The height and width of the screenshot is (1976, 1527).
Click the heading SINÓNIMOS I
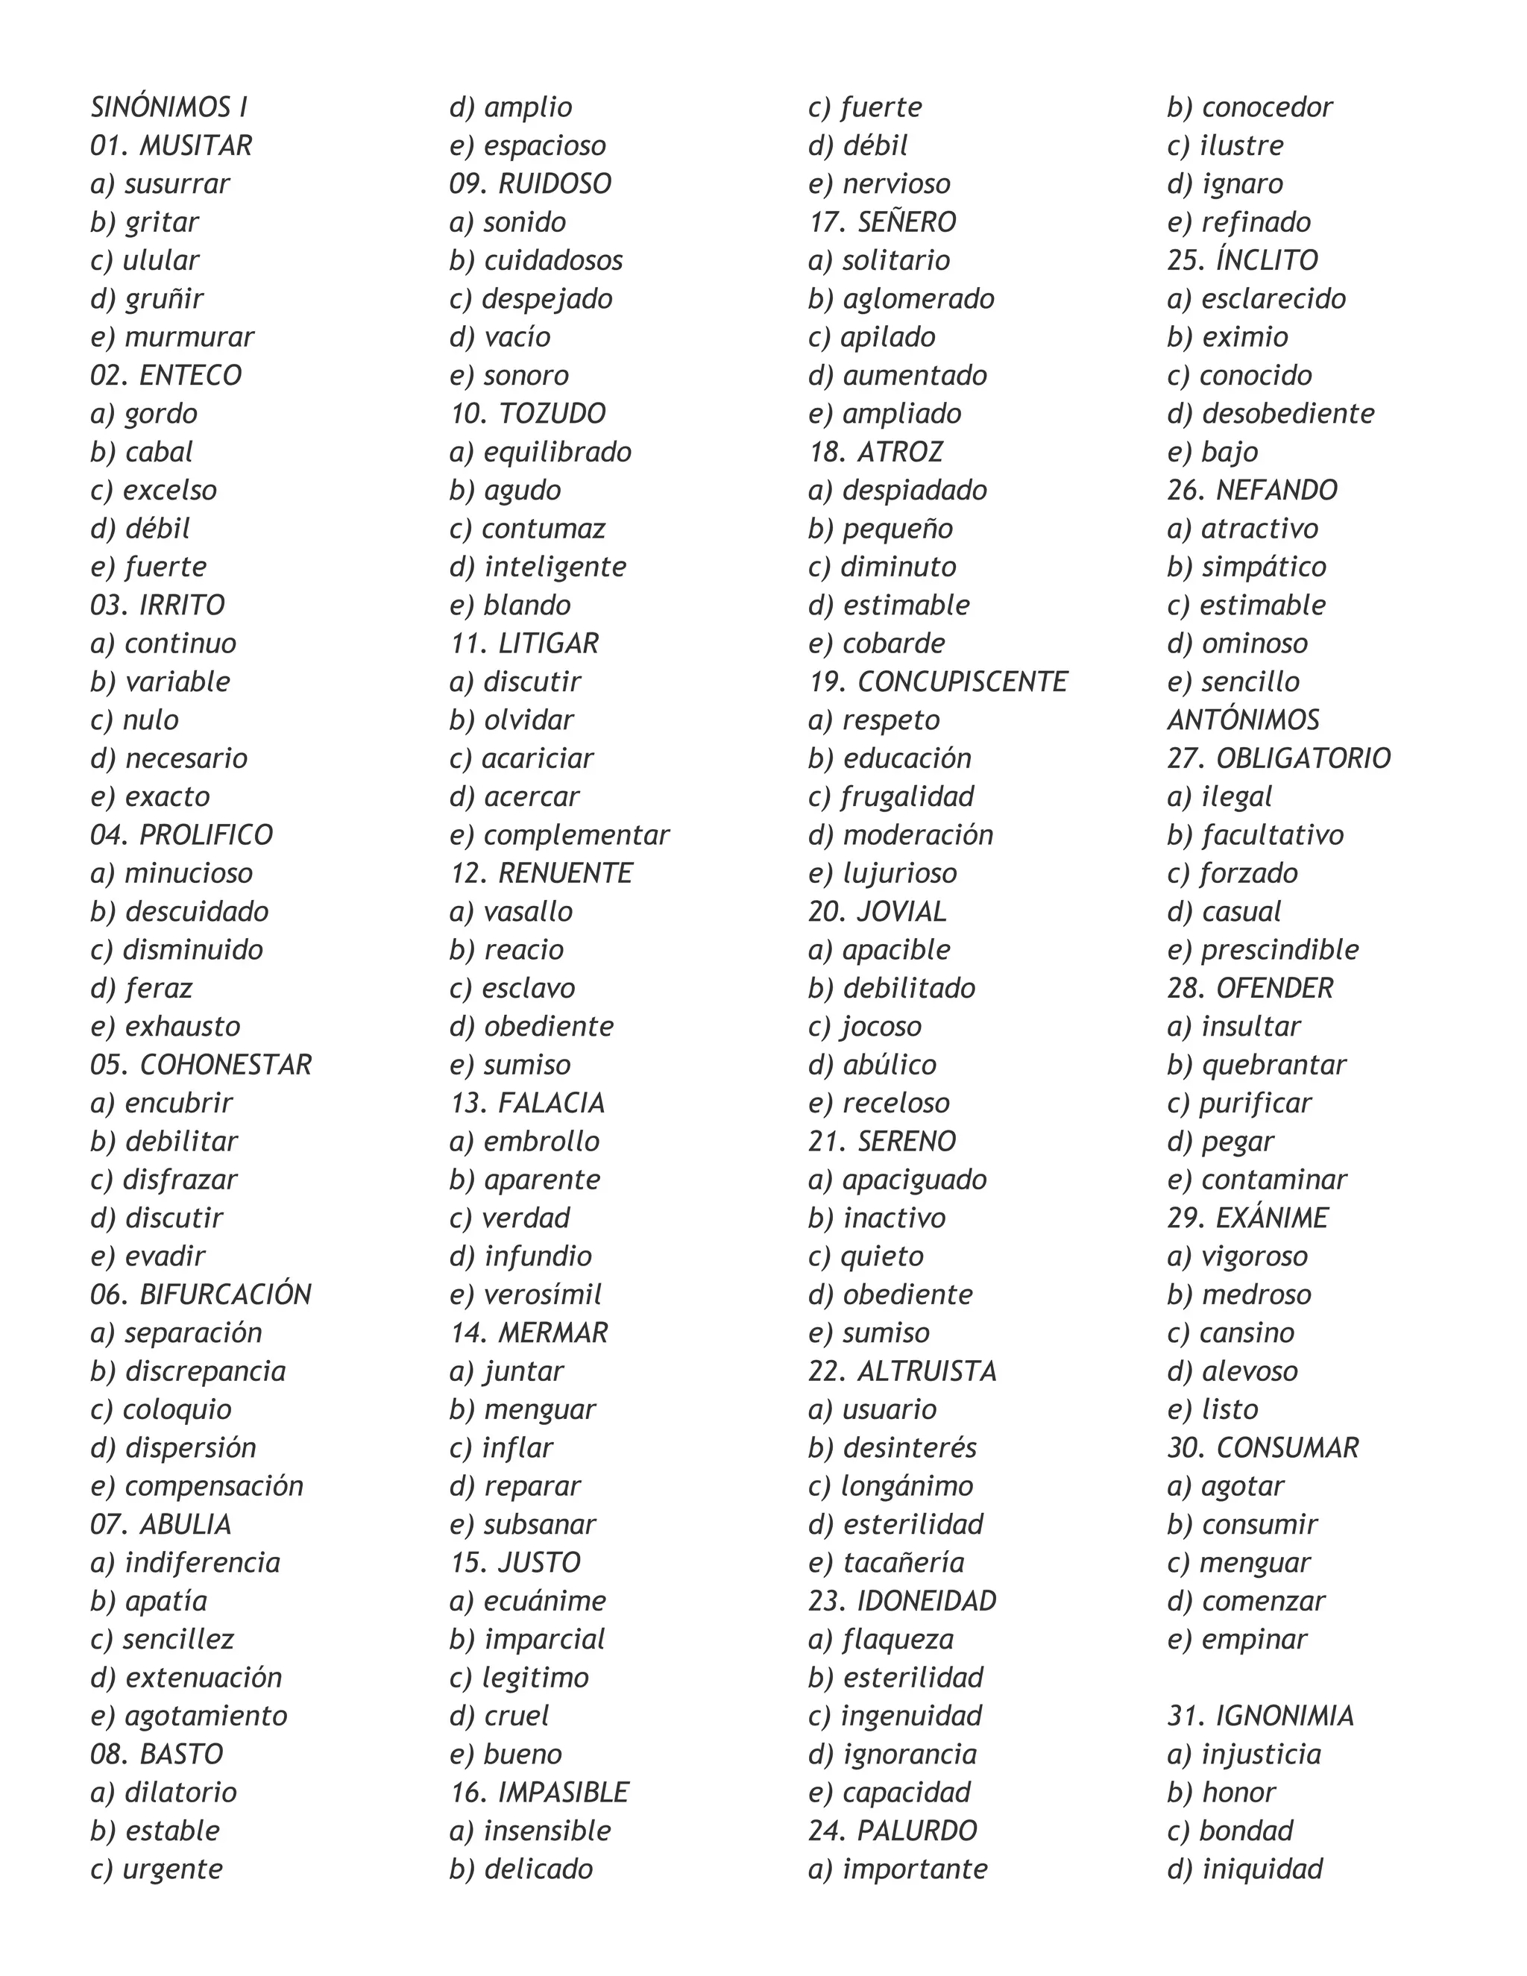(169, 107)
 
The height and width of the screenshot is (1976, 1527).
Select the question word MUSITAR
(195, 145)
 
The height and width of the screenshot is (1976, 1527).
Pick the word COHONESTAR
(225, 1065)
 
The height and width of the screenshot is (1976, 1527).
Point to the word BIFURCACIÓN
(225, 1294)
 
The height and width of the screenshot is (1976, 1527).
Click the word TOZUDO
(552, 414)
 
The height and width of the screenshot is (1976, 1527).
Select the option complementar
(576, 835)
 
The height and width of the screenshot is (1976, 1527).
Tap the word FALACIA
(552, 1103)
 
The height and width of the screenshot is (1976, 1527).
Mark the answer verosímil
(543, 1294)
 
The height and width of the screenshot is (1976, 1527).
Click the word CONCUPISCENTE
(963, 682)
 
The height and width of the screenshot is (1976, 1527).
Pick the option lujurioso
(899, 873)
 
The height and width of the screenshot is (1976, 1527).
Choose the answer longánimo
(907, 1487)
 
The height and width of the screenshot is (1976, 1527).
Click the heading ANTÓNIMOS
(1243, 720)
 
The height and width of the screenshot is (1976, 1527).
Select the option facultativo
(1272, 835)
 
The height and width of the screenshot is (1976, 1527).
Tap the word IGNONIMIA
(1285, 1717)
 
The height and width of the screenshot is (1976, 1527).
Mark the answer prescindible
(1279, 950)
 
